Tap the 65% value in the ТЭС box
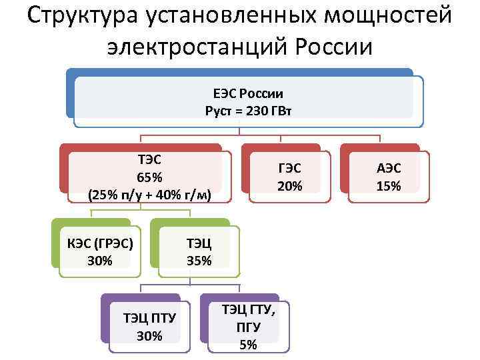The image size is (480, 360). pyautogui.click(x=149, y=177)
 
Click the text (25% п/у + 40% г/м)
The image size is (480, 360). pyautogui.click(x=149, y=195)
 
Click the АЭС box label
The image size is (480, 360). pyautogui.click(x=388, y=169)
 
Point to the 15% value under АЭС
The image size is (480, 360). pyautogui.click(x=388, y=186)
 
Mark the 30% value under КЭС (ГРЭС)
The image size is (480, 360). pyautogui.click(x=100, y=260)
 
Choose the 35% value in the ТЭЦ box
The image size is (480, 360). pyautogui.click(x=199, y=260)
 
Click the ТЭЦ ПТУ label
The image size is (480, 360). pyautogui.click(x=149, y=318)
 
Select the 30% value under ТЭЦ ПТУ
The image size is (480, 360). pyautogui.click(x=149, y=335)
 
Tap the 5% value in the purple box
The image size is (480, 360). pyautogui.click(x=247, y=344)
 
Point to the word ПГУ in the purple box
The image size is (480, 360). pyautogui.click(x=247, y=327)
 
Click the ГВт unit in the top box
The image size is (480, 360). pyautogui.click(x=281, y=109)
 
